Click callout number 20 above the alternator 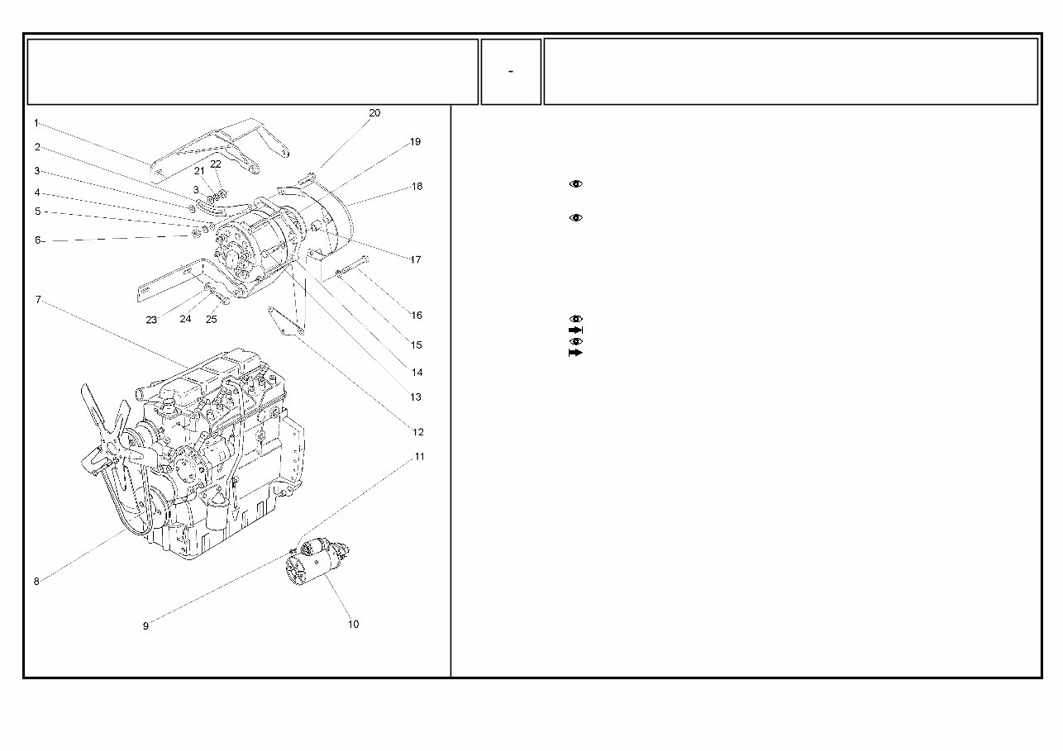pos(374,113)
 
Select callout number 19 pos(415,142)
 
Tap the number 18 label pos(417,187)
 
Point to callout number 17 pos(416,260)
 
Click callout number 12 pos(417,432)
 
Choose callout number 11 pos(419,457)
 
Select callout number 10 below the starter pos(353,625)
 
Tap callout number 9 pos(145,626)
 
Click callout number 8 pos(36,582)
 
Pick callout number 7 pos(37,300)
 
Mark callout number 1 pos(36,123)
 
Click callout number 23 pos(151,320)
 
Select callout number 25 pos(212,320)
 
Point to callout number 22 pos(216,164)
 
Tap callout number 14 pos(417,373)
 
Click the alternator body pos(252,248)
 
